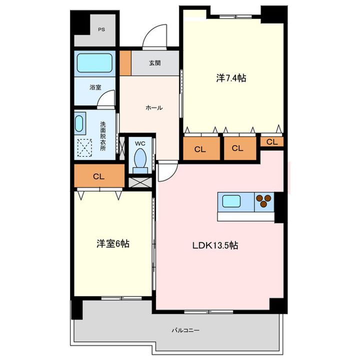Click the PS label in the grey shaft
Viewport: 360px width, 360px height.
point(101,29)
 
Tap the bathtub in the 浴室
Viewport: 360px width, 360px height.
point(94,63)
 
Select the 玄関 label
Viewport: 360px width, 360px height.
point(155,63)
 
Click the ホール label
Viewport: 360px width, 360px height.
point(154,107)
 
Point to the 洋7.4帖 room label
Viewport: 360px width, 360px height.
point(231,78)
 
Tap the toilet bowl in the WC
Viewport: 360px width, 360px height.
point(140,158)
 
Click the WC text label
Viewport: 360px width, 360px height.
point(140,143)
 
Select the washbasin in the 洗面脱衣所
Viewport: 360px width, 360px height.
point(79,123)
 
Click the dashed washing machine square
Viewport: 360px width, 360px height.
point(84,148)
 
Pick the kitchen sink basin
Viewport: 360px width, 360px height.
point(231,201)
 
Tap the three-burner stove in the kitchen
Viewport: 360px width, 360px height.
point(264,201)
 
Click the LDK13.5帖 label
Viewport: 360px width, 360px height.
point(215,245)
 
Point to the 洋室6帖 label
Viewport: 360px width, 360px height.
point(112,243)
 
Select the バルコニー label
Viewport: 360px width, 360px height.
point(185,330)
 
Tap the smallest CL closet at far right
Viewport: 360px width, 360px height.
point(272,141)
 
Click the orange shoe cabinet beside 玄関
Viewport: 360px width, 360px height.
point(125,63)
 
